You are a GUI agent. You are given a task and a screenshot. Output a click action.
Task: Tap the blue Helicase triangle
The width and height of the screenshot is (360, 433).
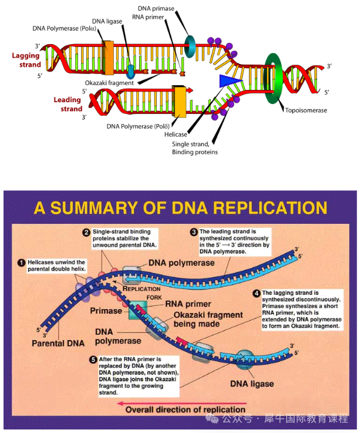click(230, 82)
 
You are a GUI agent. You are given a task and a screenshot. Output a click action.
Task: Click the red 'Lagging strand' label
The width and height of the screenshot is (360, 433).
click(26, 60)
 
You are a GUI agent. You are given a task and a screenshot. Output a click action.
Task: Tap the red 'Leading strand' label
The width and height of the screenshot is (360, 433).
click(68, 105)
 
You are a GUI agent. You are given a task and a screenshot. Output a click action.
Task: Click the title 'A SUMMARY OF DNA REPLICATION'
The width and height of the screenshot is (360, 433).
click(180, 208)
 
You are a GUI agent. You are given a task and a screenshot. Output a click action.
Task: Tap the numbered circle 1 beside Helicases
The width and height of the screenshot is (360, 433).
click(21, 262)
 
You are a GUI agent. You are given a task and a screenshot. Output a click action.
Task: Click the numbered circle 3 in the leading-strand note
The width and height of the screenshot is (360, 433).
click(193, 232)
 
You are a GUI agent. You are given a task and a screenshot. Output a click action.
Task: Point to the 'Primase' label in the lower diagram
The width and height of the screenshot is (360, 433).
click(106, 310)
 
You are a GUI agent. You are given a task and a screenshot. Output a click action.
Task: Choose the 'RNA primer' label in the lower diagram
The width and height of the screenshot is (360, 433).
click(189, 304)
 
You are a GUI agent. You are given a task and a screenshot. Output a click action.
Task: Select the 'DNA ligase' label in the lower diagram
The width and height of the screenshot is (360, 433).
click(251, 384)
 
